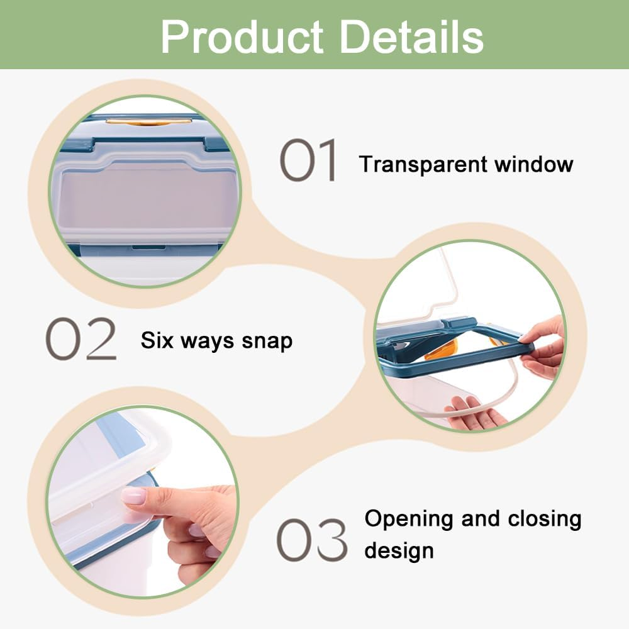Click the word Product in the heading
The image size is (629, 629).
[x=242, y=36]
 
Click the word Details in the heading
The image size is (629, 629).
[x=411, y=36]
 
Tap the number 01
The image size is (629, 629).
[x=308, y=160]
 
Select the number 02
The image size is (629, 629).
[x=81, y=338]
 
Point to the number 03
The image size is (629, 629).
[x=312, y=539]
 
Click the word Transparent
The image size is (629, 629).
[x=423, y=165]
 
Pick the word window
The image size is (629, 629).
[x=534, y=164]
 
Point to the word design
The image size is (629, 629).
[x=399, y=551]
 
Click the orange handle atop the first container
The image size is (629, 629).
[x=148, y=121]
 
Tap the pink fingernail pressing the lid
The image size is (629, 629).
[x=133, y=496]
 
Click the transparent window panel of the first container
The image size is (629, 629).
[x=147, y=203]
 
